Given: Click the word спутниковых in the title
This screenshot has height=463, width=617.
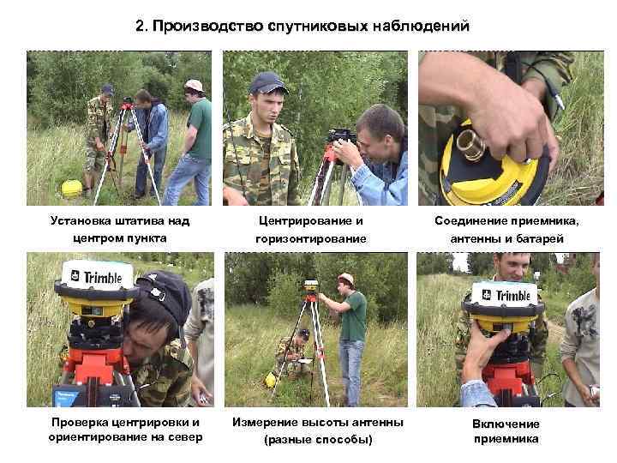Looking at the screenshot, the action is pyautogui.click(x=318, y=27).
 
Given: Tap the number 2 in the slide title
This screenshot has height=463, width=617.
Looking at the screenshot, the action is pyautogui.click(x=141, y=26).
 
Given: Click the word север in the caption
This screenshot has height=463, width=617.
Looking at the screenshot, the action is pyautogui.click(x=185, y=437).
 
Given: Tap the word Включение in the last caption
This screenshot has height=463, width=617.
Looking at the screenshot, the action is pyautogui.click(x=506, y=424).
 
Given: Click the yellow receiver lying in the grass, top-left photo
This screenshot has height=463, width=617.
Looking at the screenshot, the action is pyautogui.click(x=72, y=188).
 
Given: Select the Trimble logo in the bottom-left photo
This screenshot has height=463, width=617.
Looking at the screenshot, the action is pyautogui.click(x=97, y=277).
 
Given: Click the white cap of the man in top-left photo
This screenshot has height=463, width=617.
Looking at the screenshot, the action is pyautogui.click(x=194, y=86).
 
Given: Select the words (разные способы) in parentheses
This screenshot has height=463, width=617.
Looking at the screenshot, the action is pyautogui.click(x=318, y=439).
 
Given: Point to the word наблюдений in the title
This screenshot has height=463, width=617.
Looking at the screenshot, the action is pyautogui.click(x=421, y=27).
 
